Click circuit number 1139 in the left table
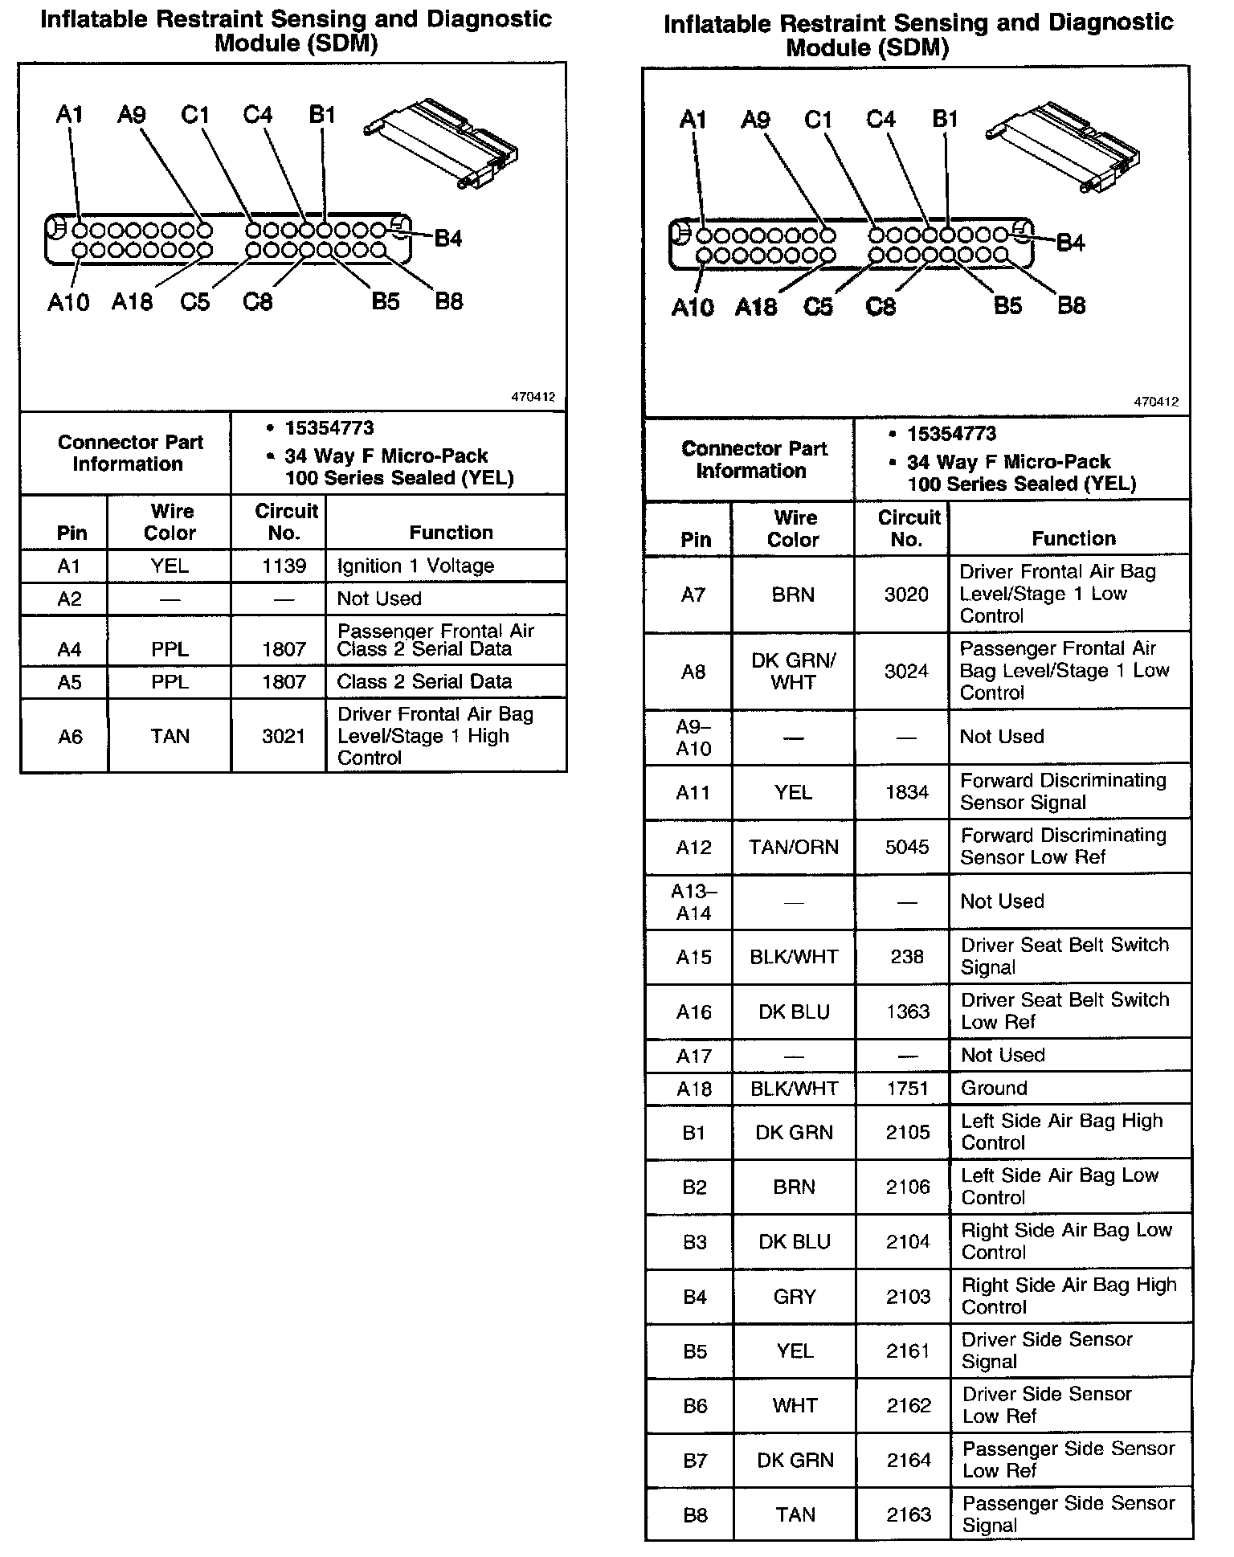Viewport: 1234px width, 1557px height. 284,566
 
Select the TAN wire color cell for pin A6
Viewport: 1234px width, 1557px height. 170,736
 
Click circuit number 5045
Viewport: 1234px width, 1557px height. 906,847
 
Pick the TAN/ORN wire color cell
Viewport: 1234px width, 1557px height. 793,847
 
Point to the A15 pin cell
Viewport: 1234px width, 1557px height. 693,957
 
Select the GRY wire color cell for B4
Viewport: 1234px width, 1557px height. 794,1297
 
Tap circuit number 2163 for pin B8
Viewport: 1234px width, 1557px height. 908,1514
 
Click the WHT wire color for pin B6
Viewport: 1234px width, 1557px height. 795,1405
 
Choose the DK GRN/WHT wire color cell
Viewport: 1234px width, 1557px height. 793,672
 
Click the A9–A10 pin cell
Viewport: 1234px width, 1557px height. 693,737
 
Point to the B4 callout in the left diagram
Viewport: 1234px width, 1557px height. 447,239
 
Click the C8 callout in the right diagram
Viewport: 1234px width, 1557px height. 881,306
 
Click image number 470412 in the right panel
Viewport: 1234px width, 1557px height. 1156,402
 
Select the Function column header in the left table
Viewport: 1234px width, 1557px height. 451,533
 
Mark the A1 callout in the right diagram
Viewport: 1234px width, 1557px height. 693,121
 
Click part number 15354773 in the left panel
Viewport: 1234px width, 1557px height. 329,428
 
